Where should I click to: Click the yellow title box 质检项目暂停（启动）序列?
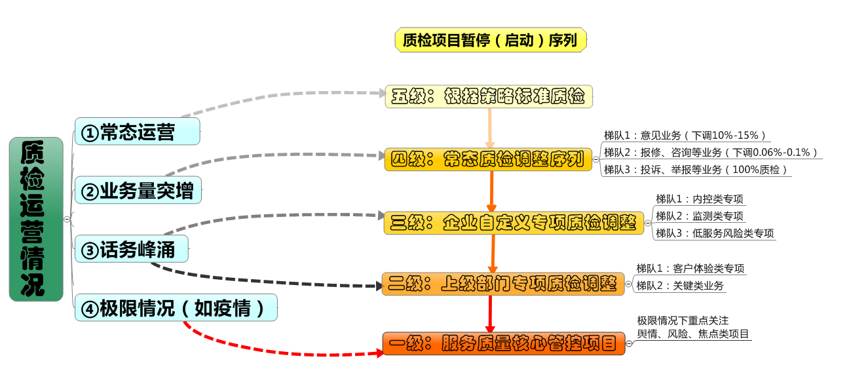[x=490, y=41]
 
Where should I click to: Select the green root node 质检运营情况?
[x=36, y=219]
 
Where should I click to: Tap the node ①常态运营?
[x=137, y=132]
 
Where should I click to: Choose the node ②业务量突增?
[x=138, y=191]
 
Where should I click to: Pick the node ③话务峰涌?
[x=132, y=250]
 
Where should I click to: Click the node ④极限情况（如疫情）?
[x=176, y=308]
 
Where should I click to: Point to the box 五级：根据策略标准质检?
[x=489, y=96]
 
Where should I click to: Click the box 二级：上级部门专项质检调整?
[x=502, y=284]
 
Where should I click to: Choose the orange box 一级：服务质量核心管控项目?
[x=503, y=343]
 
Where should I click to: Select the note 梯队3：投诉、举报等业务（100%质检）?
[x=695, y=170]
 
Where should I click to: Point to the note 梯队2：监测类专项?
[x=700, y=216]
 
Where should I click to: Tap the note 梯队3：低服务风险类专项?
[x=715, y=233]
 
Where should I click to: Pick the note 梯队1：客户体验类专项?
[x=690, y=268]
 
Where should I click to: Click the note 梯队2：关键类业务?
[x=681, y=285]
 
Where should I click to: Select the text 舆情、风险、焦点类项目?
[x=693, y=334]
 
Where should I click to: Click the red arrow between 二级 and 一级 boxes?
[x=489, y=314]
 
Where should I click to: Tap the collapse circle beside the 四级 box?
[x=596, y=159]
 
